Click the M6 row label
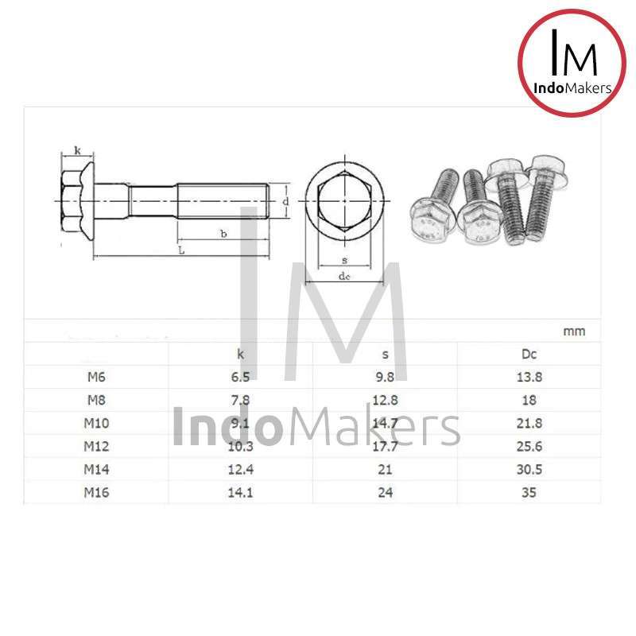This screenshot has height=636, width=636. point(95,377)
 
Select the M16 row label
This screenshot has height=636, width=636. point(95,492)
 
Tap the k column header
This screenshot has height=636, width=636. point(241,354)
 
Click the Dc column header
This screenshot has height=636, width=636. point(529,354)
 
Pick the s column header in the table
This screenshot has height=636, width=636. point(386,354)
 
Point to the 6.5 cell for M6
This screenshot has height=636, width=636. point(241,377)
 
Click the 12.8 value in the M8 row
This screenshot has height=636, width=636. point(386,400)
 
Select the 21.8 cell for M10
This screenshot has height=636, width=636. point(529,423)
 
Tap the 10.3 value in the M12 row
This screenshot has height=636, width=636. point(241,446)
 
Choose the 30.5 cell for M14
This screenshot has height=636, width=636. point(529,469)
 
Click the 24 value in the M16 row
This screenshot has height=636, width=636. point(386,492)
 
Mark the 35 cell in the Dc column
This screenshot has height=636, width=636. point(529,492)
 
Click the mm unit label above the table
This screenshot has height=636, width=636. point(574,332)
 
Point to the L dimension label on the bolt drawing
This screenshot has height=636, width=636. point(181,250)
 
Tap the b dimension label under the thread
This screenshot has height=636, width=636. point(223,234)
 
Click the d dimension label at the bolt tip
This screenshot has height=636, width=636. point(285,201)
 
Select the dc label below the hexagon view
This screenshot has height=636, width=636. point(344,276)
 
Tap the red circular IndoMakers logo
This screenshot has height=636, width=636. point(572,64)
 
